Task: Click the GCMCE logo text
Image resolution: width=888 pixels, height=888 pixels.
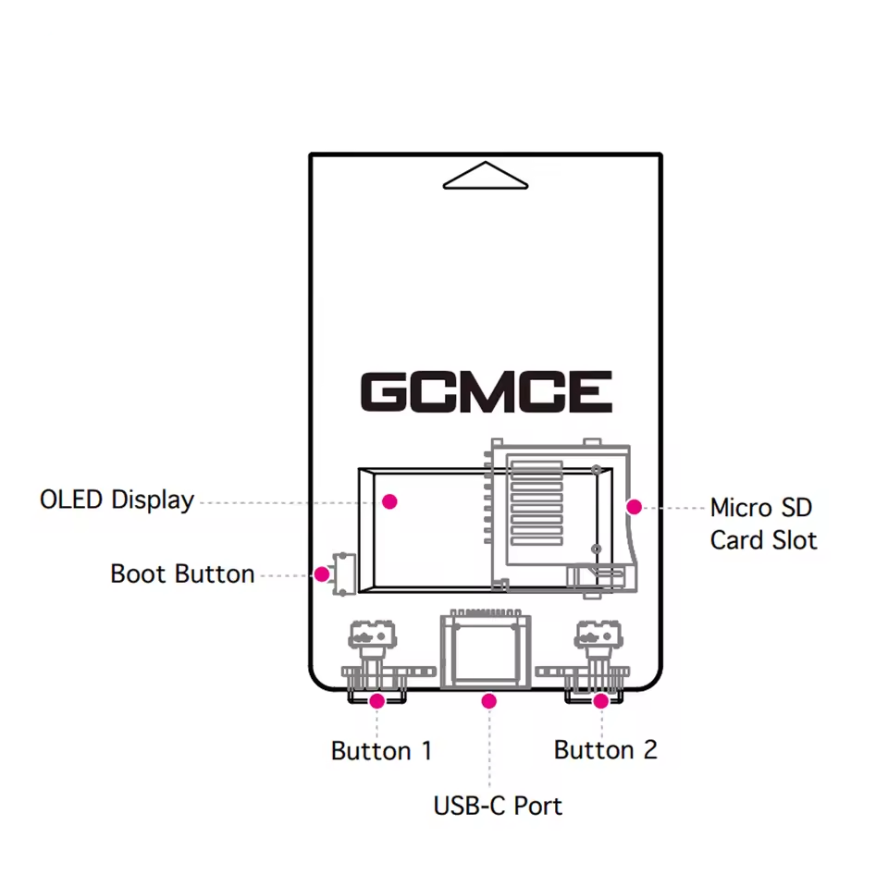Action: [486, 392]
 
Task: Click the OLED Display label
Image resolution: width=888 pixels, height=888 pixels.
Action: [117, 500]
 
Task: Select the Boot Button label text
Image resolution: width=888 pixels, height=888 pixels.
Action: [182, 573]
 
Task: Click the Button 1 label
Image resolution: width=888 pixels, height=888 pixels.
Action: [381, 750]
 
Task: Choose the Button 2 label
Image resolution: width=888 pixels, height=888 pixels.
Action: [605, 749]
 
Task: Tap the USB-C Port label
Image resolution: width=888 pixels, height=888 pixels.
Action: [498, 806]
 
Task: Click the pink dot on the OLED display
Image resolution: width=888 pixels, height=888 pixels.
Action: [389, 501]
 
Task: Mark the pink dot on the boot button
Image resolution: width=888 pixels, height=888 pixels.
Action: [321, 573]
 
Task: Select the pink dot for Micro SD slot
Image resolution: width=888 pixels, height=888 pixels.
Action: [634, 506]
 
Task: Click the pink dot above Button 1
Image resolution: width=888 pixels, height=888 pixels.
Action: [376, 701]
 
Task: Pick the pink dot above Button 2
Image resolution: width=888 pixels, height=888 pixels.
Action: [600, 701]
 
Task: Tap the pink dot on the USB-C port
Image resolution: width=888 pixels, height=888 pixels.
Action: [489, 701]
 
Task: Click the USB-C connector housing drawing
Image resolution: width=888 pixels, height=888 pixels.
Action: [486, 650]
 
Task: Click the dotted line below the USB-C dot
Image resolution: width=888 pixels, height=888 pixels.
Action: [489, 749]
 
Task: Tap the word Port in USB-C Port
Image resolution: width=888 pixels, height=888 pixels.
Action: [538, 806]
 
